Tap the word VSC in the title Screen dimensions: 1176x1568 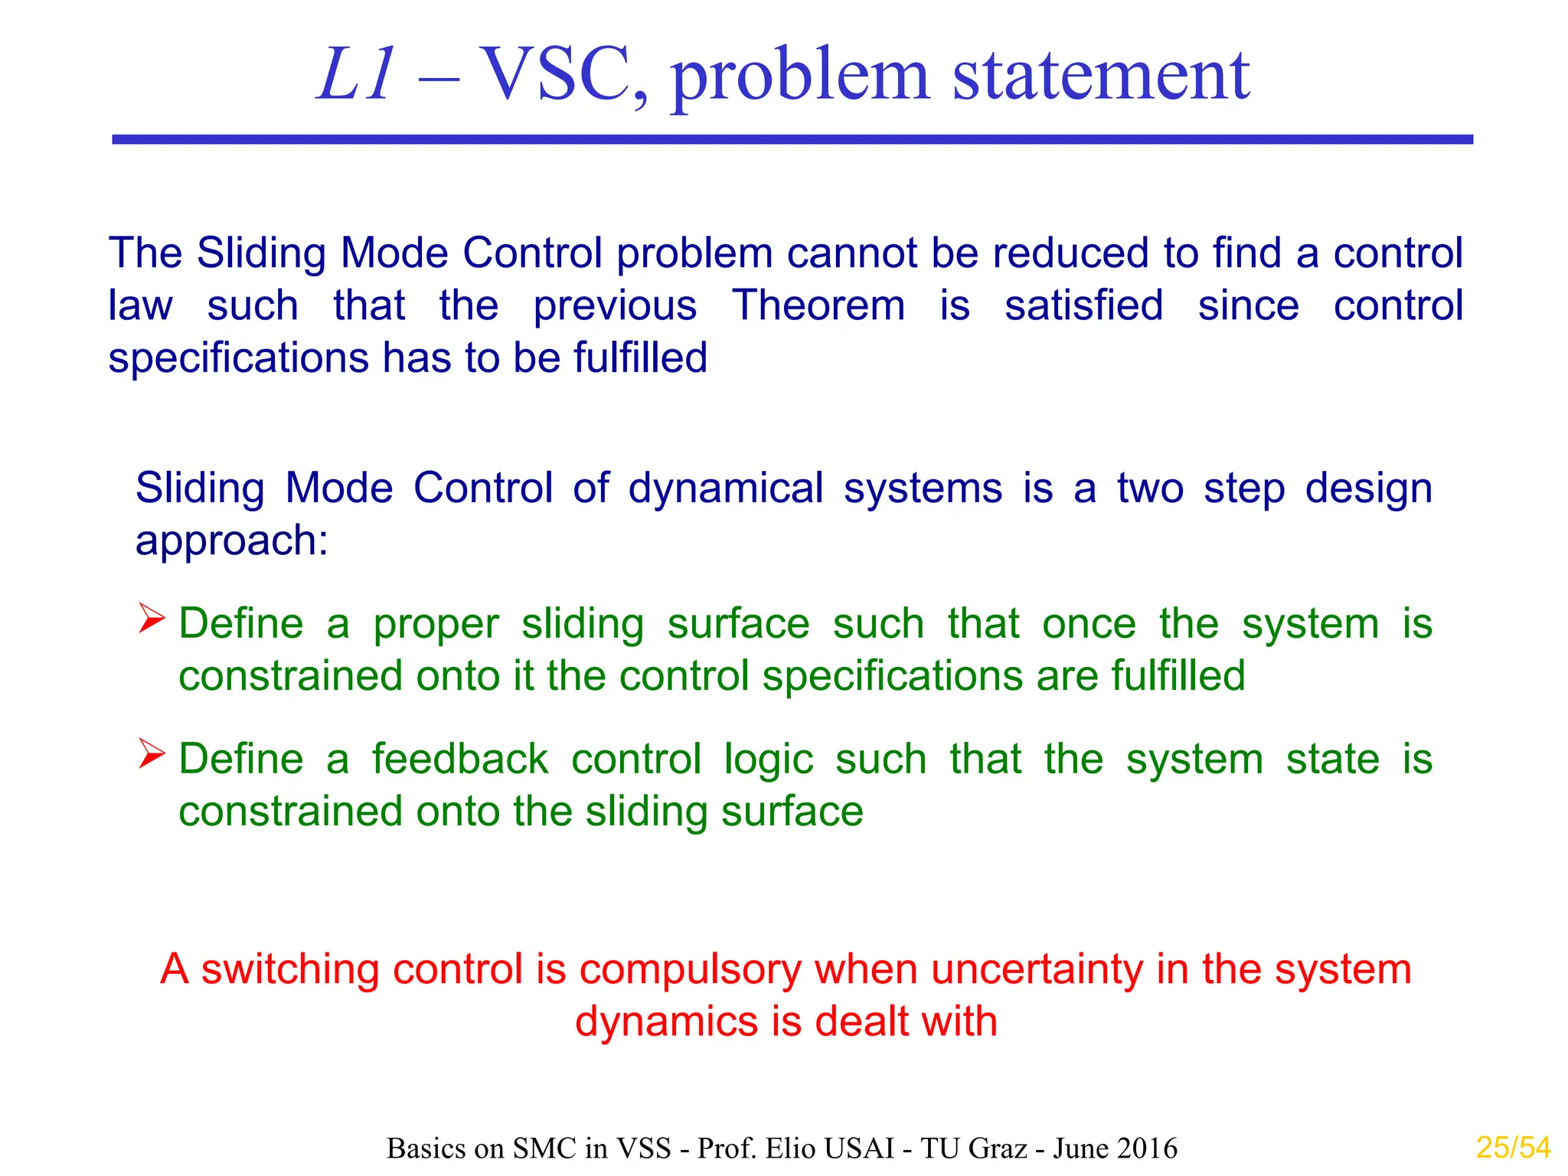(563, 75)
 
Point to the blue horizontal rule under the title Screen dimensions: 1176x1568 (792, 139)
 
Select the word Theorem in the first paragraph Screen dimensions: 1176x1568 (818, 305)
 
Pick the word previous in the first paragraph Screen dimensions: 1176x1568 (615, 305)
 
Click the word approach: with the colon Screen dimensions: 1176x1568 (232, 541)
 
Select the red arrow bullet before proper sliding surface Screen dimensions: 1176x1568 (152, 619)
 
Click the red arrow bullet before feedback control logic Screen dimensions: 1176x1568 (152, 754)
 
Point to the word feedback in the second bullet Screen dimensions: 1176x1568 (460, 759)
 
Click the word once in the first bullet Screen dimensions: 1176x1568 (1089, 623)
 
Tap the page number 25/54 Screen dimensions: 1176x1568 (1513, 1148)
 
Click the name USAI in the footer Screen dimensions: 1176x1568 (860, 1148)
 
